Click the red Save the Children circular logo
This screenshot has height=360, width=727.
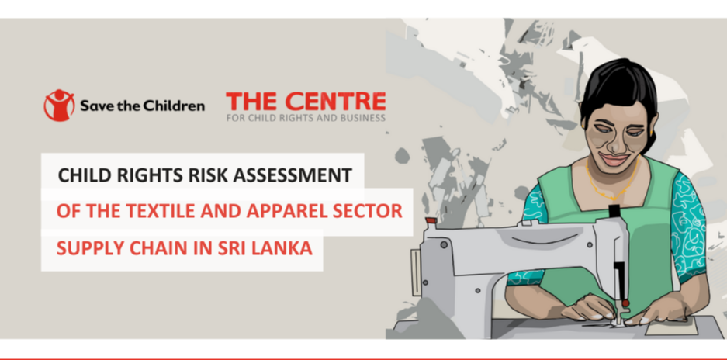(59, 106)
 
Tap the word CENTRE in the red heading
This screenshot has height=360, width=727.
(335, 102)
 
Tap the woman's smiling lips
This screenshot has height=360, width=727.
(614, 160)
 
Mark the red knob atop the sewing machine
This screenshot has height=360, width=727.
(431, 220)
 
